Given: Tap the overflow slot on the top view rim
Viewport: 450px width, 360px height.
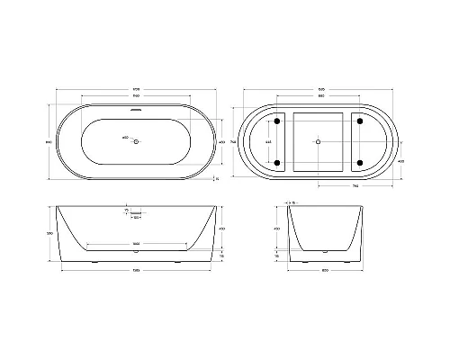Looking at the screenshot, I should coord(135,112).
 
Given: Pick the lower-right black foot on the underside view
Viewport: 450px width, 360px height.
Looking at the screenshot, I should coord(361,162).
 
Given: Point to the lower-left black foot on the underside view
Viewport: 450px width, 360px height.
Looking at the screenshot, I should coord(277,162).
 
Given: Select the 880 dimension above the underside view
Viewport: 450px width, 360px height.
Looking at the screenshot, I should coord(319,98).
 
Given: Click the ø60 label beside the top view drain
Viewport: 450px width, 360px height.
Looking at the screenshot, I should coord(124,139).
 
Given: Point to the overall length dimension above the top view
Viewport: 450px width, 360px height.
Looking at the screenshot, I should coord(135,88).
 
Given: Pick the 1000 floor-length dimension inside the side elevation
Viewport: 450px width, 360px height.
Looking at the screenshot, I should coord(135,244).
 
